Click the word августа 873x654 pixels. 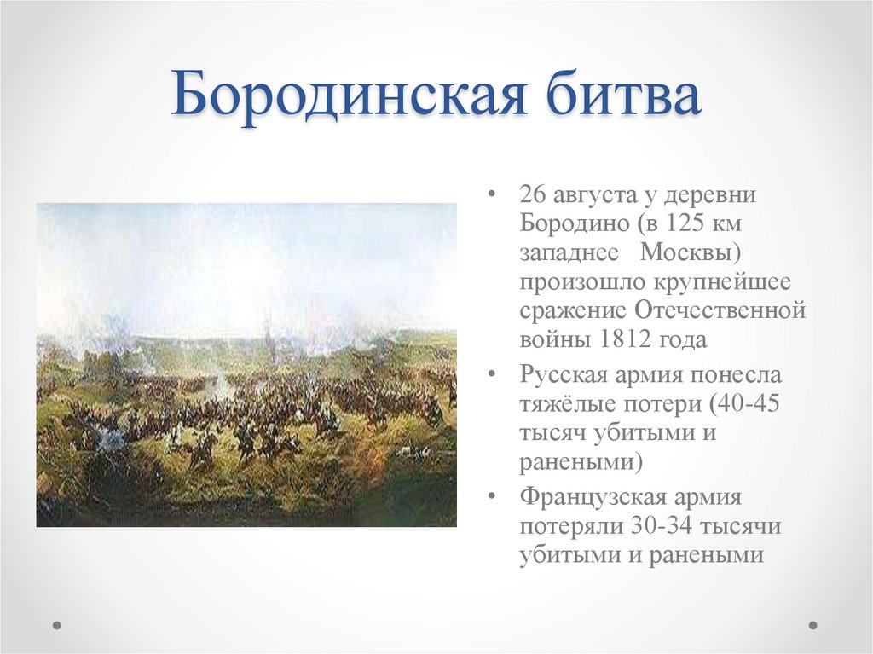point(593,195)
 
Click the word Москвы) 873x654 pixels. point(691,253)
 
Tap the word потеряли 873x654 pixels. point(568,526)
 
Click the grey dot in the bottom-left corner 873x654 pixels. point(57,625)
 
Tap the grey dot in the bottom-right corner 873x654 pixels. point(812,625)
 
